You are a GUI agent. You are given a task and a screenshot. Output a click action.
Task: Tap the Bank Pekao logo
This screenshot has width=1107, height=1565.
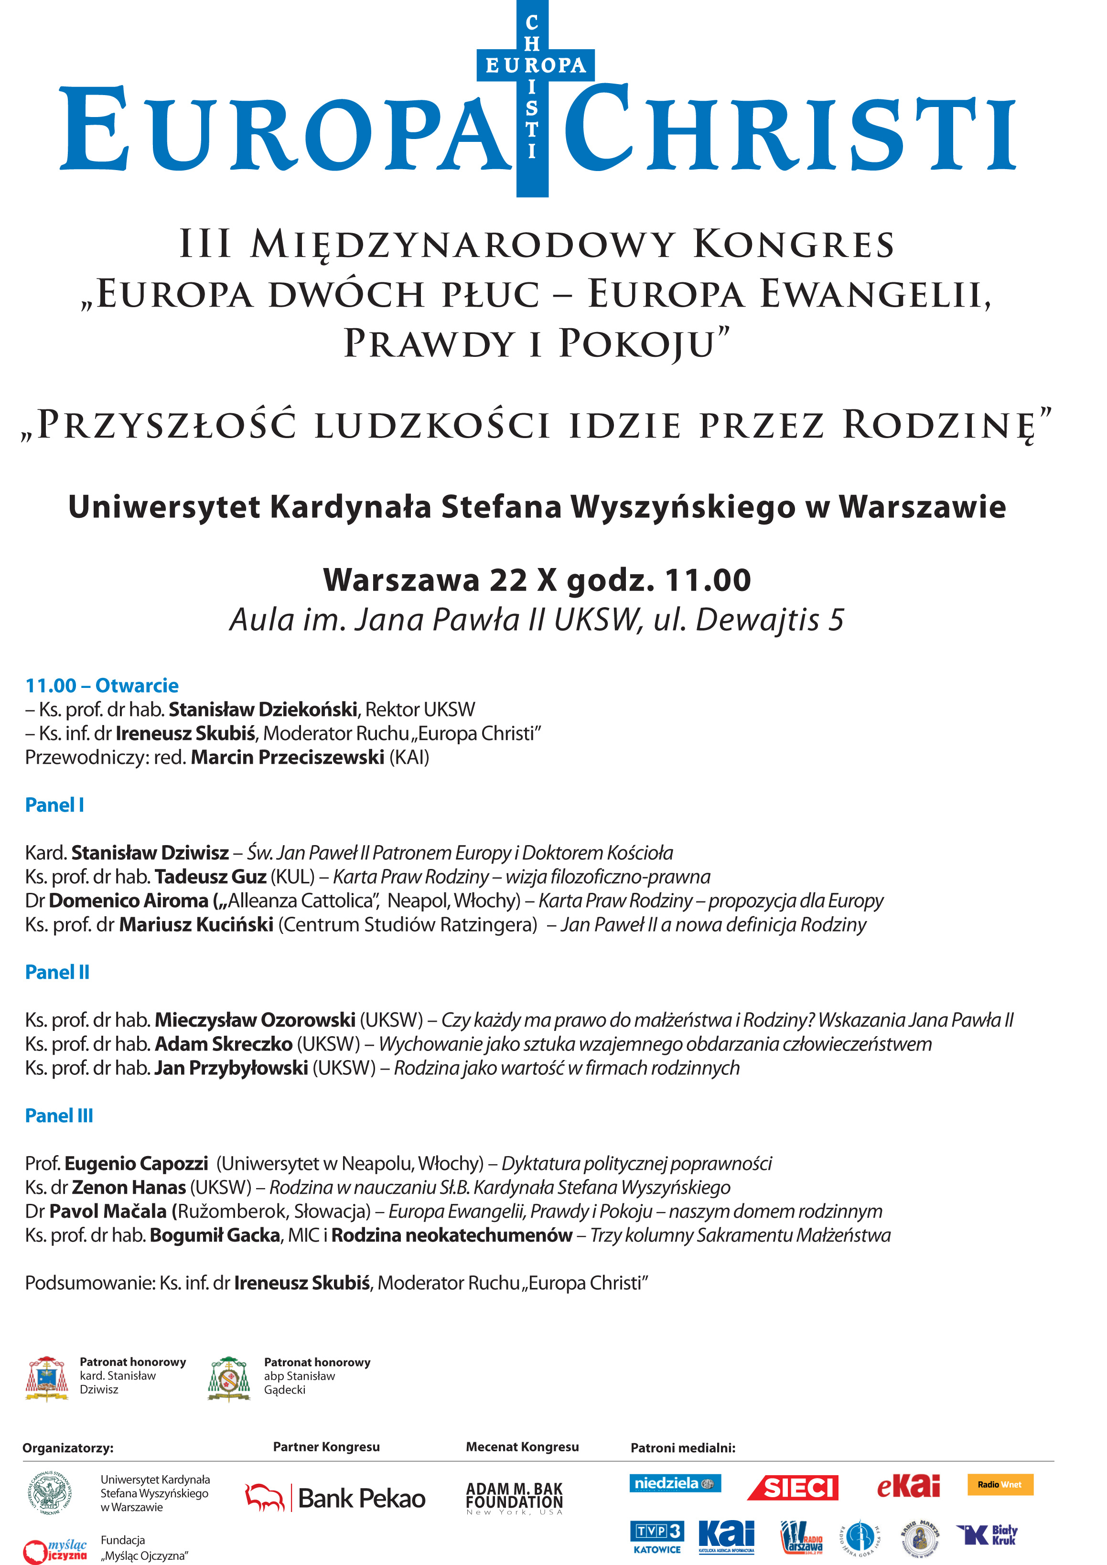(x=335, y=1498)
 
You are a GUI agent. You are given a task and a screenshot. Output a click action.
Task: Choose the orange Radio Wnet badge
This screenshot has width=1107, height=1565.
(x=1000, y=1485)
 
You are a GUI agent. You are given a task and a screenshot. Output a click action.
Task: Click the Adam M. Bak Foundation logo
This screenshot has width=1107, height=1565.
(x=515, y=1498)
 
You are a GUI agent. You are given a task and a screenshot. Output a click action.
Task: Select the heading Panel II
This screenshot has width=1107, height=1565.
(x=57, y=972)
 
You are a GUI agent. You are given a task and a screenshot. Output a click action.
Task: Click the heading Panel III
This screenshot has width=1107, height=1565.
(x=59, y=1116)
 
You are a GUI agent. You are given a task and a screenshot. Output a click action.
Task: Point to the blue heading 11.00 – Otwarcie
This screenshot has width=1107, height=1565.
(x=102, y=686)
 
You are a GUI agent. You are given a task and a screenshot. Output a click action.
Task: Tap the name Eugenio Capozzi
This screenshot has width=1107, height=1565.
(x=136, y=1164)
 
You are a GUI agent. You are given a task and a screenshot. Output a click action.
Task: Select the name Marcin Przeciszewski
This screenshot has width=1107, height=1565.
(x=288, y=757)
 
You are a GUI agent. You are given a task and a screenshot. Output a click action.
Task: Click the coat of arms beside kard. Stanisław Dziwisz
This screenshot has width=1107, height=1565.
(x=46, y=1378)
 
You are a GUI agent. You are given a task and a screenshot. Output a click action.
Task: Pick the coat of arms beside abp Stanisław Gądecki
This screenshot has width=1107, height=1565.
(x=229, y=1378)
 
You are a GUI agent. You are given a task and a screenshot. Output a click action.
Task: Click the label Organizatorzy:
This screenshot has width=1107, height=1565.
(x=68, y=1448)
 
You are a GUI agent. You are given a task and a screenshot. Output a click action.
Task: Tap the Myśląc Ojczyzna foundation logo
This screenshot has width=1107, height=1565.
(x=56, y=1549)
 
